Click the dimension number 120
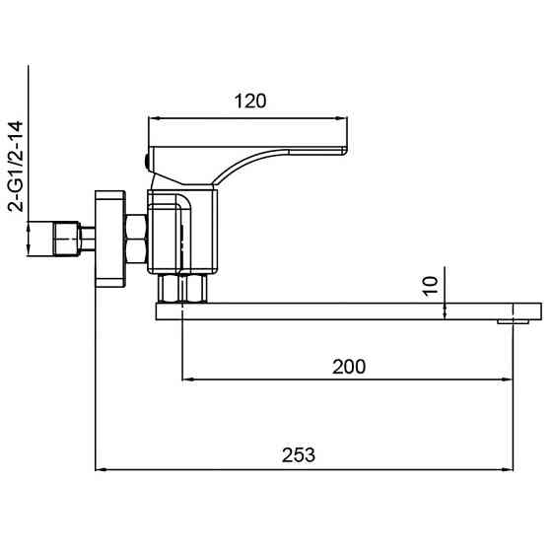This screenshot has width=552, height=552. [x=250, y=102]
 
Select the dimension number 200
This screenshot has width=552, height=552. [x=349, y=367]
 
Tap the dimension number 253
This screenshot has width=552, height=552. [x=299, y=455]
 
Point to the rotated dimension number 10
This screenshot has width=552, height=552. [x=430, y=286]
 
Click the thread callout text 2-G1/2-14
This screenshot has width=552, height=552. [x=16, y=167]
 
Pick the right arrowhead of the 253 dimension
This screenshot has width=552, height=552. [x=508, y=469]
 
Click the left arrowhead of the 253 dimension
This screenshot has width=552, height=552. [x=101, y=469]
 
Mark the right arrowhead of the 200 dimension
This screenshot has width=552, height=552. [x=507, y=379]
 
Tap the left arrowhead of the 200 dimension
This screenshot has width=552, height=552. [x=187, y=379]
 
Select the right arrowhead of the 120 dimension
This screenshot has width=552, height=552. [x=341, y=118]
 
